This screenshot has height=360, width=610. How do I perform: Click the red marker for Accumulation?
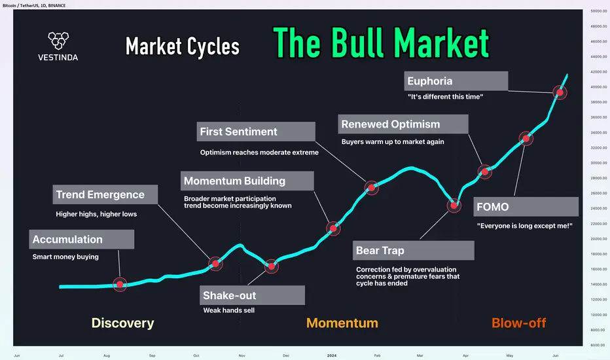[x=120, y=285]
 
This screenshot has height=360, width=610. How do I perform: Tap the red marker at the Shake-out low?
[x=271, y=266]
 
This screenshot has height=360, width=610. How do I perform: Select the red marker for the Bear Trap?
[x=454, y=205]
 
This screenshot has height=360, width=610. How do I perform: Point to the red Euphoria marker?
[x=560, y=93]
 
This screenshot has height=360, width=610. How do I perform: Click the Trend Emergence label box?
[x=105, y=194]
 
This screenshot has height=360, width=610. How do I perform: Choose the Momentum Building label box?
[x=247, y=181]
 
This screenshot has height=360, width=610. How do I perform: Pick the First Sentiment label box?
[x=256, y=132]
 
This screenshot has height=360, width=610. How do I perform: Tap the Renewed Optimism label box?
[x=403, y=124]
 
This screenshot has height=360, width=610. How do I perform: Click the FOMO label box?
[x=526, y=207]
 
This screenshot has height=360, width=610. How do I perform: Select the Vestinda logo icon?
[x=58, y=41]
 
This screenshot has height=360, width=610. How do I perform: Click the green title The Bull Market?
[x=381, y=43]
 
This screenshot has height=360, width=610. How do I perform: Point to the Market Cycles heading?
[x=183, y=46]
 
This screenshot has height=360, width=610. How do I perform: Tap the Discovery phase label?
[x=122, y=323]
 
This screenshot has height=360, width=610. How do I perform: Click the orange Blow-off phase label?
[x=518, y=323]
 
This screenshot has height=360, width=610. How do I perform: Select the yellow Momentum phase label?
[x=342, y=323]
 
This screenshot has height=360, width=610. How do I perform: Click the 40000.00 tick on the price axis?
[x=599, y=87]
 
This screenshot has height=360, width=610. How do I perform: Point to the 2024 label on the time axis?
[x=332, y=355]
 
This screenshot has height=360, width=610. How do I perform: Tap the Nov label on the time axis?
[x=242, y=355]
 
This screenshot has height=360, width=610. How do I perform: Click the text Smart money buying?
[x=65, y=257]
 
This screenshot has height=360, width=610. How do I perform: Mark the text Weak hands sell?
[x=229, y=310]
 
